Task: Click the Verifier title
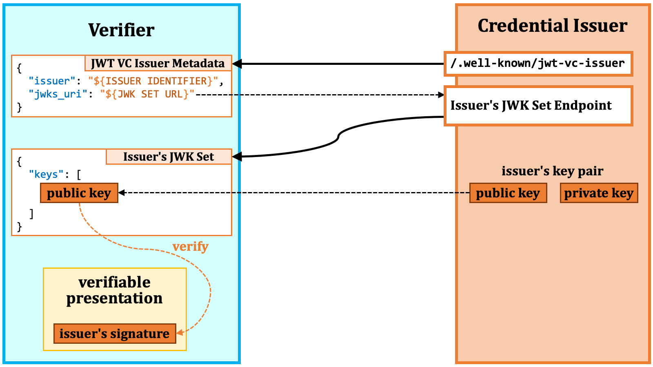coord(121,30)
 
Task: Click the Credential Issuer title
coord(553,26)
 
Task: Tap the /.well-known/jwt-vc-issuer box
coord(538,64)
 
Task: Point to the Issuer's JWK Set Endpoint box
coord(538,106)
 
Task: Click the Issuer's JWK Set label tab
coord(169,157)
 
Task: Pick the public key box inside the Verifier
coord(79,193)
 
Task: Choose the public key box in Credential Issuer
coord(508,193)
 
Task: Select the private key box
coord(599,193)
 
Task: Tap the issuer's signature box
coord(115,334)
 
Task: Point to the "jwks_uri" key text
coord(58,94)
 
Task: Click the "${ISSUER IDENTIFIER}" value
coord(153,81)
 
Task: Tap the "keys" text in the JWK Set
coord(46,174)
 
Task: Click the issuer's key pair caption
coord(553,171)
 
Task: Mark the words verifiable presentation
coord(114,290)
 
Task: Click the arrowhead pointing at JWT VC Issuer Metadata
coord(237,64)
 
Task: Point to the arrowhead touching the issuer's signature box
coord(180,332)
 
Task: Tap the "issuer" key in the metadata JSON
coord(52,81)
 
